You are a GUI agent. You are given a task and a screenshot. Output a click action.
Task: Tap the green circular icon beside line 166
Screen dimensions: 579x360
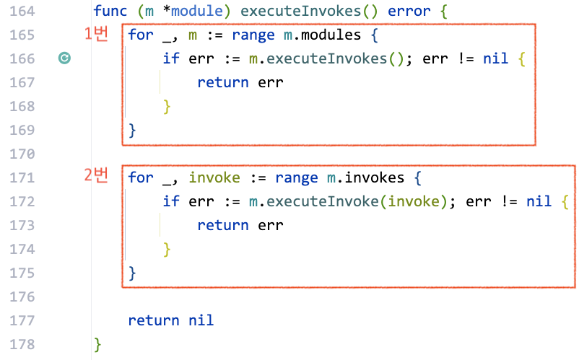[x=64, y=59]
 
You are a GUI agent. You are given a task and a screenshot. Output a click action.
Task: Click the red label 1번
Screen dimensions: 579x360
[x=96, y=33]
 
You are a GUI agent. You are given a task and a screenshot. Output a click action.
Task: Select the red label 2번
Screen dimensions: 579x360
[x=96, y=175]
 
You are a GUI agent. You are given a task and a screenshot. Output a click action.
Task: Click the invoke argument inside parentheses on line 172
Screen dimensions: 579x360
[x=414, y=201]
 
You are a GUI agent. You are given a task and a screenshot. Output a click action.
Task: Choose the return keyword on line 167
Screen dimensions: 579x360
[x=223, y=83]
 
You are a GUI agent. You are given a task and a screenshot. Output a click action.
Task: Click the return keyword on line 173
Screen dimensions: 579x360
[x=223, y=224]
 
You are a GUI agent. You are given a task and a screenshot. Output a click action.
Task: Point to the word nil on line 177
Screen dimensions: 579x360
[x=201, y=320]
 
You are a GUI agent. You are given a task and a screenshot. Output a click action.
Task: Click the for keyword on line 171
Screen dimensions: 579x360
[x=141, y=177]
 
